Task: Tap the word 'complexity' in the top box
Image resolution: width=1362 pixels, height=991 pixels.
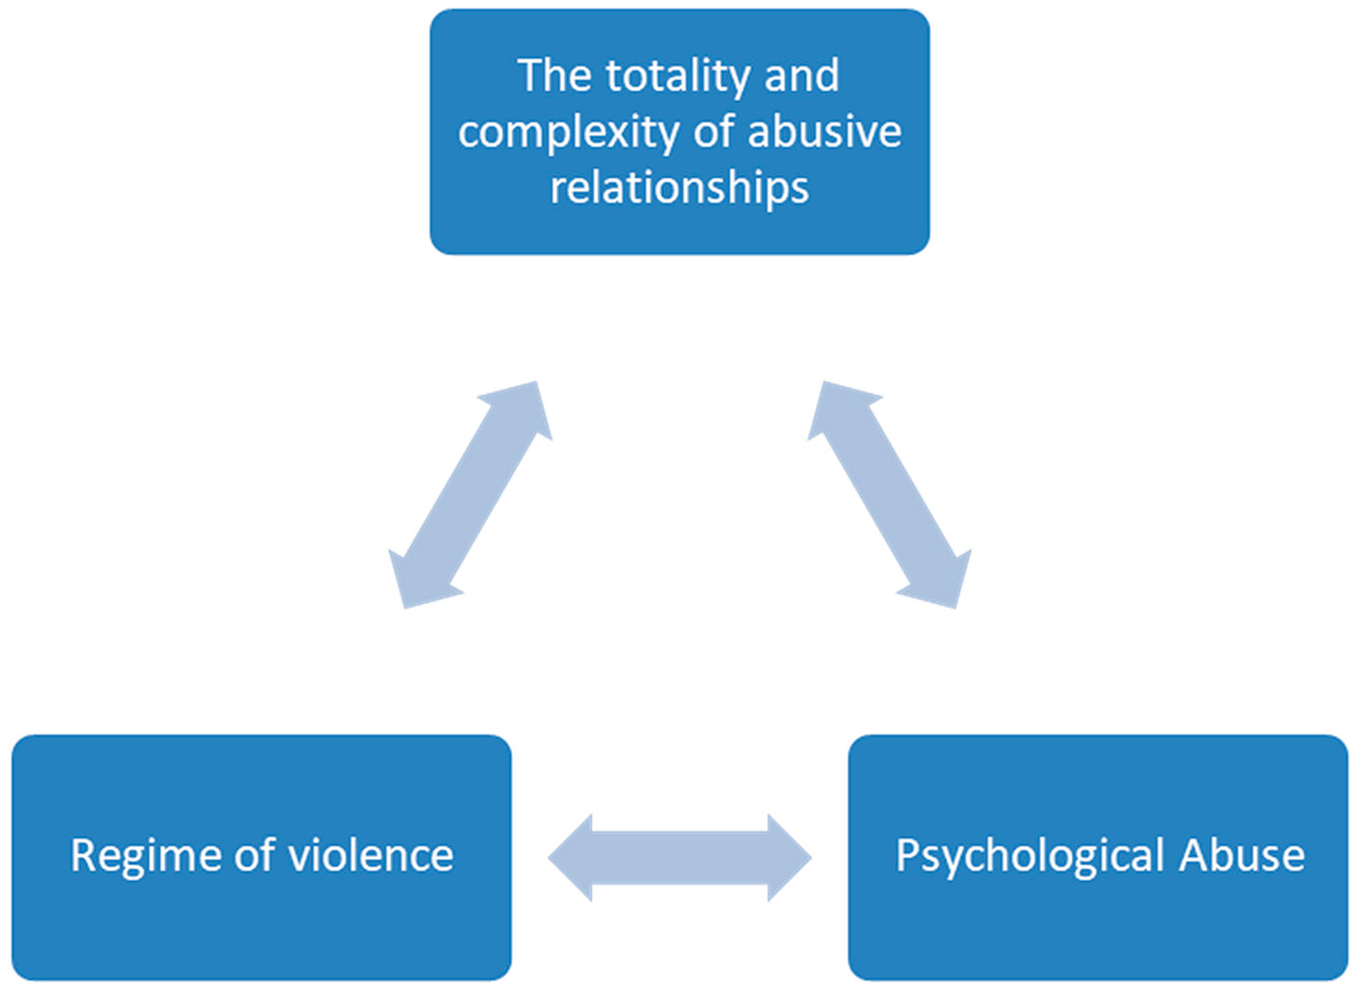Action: (567, 132)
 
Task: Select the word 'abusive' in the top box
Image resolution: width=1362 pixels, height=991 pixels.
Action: (825, 131)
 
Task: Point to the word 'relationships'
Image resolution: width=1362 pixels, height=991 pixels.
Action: (679, 187)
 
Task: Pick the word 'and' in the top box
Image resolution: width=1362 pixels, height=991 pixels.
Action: (802, 76)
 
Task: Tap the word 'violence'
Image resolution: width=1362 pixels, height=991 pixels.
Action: (371, 856)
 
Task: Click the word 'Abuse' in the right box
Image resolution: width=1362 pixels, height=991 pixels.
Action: (1242, 856)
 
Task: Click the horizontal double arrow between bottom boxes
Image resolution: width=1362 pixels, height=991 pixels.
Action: (679, 858)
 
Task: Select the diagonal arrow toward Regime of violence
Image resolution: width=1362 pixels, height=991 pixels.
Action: (470, 495)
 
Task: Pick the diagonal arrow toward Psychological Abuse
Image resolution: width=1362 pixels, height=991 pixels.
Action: (889, 495)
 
